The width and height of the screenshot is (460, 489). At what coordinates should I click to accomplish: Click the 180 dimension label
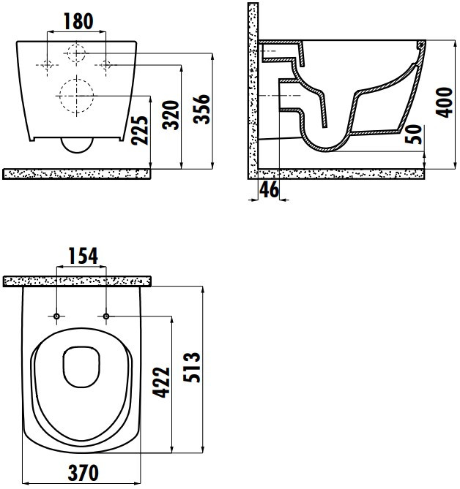click(78, 21)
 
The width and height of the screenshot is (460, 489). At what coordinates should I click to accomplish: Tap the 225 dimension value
click(139, 130)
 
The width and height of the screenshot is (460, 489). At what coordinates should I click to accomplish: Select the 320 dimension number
click(171, 115)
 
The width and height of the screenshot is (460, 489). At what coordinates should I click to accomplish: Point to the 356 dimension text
click(201, 109)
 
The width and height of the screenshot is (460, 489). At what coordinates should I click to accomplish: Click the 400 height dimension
click(444, 102)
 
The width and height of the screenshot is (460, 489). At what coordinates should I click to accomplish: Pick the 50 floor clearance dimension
click(413, 134)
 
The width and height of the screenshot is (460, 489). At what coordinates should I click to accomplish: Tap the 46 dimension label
click(269, 189)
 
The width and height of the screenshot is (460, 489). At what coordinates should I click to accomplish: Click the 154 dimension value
click(83, 256)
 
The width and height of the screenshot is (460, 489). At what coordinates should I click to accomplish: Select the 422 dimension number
click(161, 382)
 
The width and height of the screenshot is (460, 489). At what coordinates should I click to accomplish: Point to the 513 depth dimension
click(192, 368)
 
